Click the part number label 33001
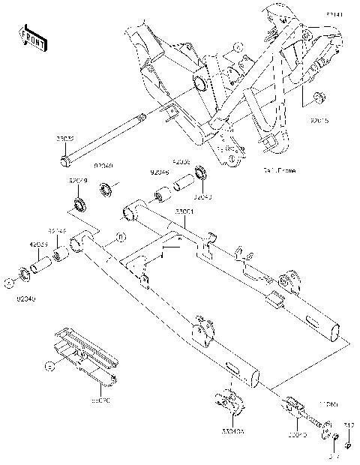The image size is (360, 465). tap(185, 212)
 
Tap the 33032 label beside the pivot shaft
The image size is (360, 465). tap(64, 139)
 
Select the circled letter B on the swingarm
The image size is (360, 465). tap(118, 241)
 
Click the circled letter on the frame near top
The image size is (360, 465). tap(238, 46)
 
